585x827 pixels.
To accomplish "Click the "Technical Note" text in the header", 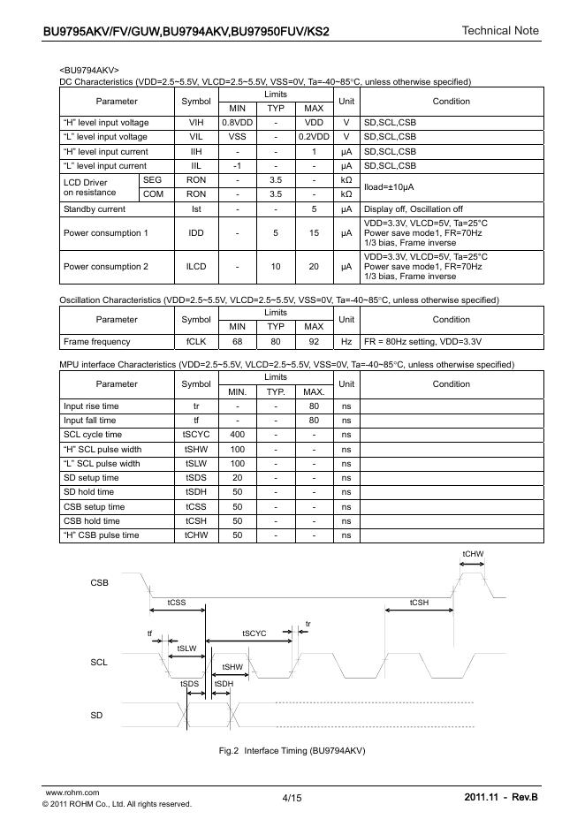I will click(x=499, y=31).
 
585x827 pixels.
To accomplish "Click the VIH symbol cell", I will click(x=196, y=123).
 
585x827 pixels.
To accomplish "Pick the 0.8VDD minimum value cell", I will click(x=237, y=123).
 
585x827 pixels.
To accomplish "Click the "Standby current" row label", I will click(x=95, y=209).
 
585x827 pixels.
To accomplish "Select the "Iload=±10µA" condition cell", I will click(x=389, y=187).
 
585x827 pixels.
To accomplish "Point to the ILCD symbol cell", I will click(x=196, y=266).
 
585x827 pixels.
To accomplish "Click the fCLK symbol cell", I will click(x=196, y=341).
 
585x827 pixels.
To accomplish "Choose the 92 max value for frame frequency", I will click(x=314, y=341).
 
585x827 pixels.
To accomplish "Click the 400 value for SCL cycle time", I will click(x=237, y=435).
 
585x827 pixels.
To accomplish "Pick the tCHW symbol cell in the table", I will click(x=196, y=535).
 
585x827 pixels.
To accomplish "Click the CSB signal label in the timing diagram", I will click(x=99, y=583).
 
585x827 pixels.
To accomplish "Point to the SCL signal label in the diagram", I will click(x=99, y=663).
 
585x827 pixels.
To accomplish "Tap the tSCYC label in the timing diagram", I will click(x=255, y=634).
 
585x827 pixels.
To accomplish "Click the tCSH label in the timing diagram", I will click(x=419, y=602).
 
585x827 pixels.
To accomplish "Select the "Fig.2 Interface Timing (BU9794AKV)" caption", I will click(x=292, y=750).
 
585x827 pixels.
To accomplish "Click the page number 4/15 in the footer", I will click(x=292, y=799).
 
